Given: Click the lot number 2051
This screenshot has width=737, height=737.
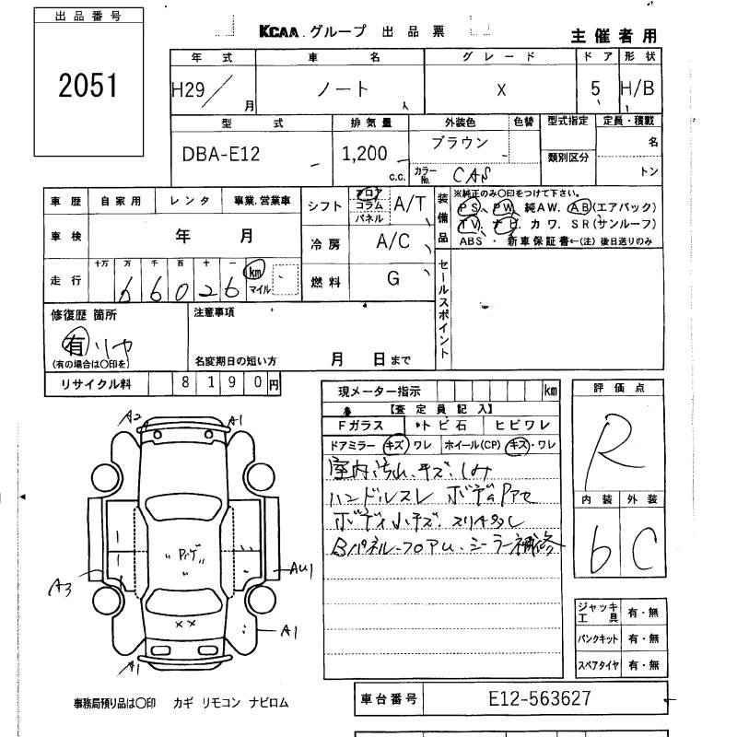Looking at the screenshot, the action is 88,87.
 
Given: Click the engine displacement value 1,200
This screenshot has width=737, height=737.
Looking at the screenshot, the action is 365,155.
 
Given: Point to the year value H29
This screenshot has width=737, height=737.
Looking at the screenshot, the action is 190,89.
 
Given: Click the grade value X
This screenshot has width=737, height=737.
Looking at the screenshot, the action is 501,90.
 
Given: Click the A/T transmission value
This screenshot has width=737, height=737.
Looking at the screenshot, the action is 409,205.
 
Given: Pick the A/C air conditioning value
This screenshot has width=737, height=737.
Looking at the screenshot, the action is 395,241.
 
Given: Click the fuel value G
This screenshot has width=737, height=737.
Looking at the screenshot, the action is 393,277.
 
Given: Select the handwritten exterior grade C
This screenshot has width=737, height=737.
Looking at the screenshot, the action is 643,552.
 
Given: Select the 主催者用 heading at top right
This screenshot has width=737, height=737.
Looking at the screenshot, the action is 614,36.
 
